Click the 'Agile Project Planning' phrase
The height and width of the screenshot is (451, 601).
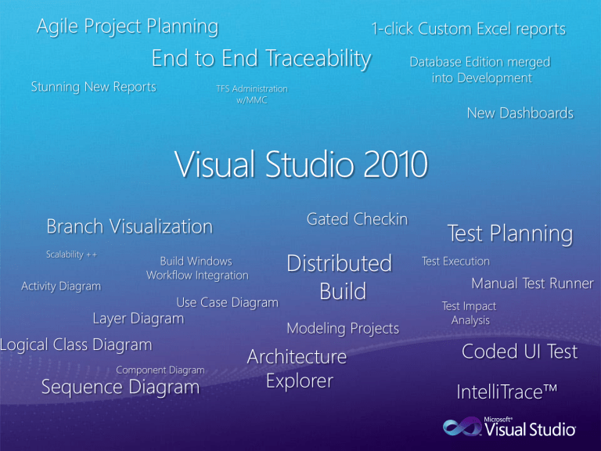[x=128, y=27]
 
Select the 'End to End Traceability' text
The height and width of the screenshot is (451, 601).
[x=261, y=58]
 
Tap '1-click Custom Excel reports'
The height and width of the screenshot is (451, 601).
[x=468, y=29]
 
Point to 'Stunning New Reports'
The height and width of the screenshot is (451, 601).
[x=93, y=86]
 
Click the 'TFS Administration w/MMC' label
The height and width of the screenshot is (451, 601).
[x=251, y=95]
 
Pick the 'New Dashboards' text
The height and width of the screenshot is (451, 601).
[x=520, y=113]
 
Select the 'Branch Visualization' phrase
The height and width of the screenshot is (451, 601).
[x=129, y=226]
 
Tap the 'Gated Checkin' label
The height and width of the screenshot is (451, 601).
[x=357, y=219]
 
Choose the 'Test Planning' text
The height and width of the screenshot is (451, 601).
[x=509, y=233]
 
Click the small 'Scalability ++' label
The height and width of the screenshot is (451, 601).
[x=70, y=254]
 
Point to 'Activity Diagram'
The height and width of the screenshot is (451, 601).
[x=60, y=286]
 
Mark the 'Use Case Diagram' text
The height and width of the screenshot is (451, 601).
[x=227, y=302]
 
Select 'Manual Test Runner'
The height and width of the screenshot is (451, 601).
[x=532, y=283]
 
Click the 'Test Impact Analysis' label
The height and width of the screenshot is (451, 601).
[x=470, y=313]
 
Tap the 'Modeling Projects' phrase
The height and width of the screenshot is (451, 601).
[x=343, y=328]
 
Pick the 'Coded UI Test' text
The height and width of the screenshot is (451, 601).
[x=519, y=352]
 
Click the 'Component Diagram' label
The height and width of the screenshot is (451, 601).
[x=160, y=370]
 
